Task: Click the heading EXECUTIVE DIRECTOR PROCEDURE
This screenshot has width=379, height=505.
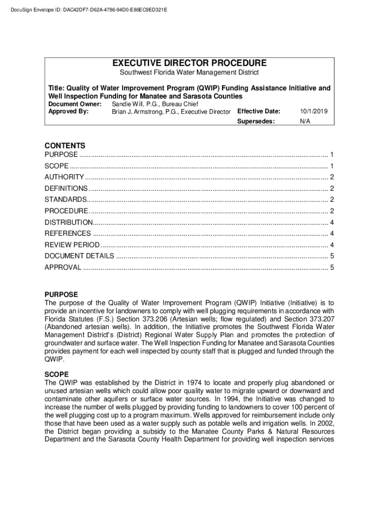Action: (189, 63)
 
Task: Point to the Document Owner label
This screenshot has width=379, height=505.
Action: (74, 104)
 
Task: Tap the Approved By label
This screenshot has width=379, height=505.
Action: (68, 111)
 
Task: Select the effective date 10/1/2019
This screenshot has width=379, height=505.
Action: (314, 111)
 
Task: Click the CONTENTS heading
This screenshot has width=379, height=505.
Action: (65, 145)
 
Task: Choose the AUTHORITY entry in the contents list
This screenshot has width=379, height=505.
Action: (64, 177)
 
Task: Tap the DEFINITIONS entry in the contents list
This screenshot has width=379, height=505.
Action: (66, 188)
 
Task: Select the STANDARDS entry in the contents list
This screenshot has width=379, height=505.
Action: (65, 200)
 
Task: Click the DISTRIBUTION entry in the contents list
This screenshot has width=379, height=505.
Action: (68, 222)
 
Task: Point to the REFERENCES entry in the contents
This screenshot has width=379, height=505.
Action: (67, 234)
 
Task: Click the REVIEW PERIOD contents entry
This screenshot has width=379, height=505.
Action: (72, 245)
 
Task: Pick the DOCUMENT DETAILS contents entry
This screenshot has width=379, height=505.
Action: (79, 256)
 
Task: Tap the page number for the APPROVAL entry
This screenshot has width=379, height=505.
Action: (333, 267)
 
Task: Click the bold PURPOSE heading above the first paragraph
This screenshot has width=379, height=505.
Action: (61, 294)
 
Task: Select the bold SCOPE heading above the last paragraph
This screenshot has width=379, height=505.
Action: (57, 374)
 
